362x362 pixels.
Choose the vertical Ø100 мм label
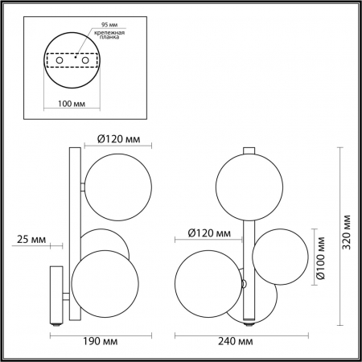click(320, 258)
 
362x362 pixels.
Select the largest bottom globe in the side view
click(101, 278)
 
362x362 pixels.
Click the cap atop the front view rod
click(250, 150)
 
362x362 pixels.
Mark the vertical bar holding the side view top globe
click(72, 193)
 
